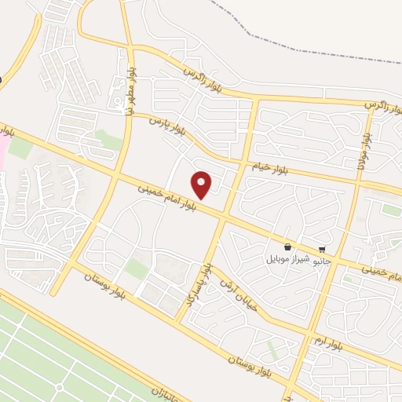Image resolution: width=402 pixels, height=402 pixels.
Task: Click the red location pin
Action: coord(203,185)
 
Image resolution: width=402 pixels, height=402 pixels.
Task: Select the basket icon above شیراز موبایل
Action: coord(288,246)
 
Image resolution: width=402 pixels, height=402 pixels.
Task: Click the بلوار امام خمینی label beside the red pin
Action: coord(166,197)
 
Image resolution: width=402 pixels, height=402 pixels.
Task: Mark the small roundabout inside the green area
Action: coord(58,388)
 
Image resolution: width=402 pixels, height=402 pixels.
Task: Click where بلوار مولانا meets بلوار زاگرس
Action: coord(372,104)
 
